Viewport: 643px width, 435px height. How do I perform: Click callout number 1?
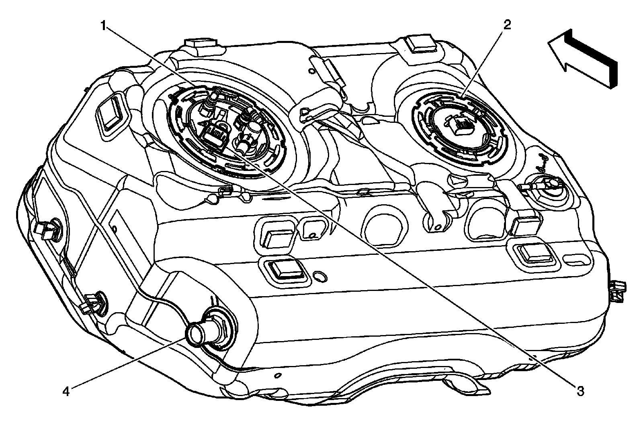(104, 26)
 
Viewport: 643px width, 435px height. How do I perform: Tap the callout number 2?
(507, 25)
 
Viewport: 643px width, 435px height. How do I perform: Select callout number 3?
(580, 390)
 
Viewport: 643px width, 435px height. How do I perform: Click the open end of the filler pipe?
(196, 333)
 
